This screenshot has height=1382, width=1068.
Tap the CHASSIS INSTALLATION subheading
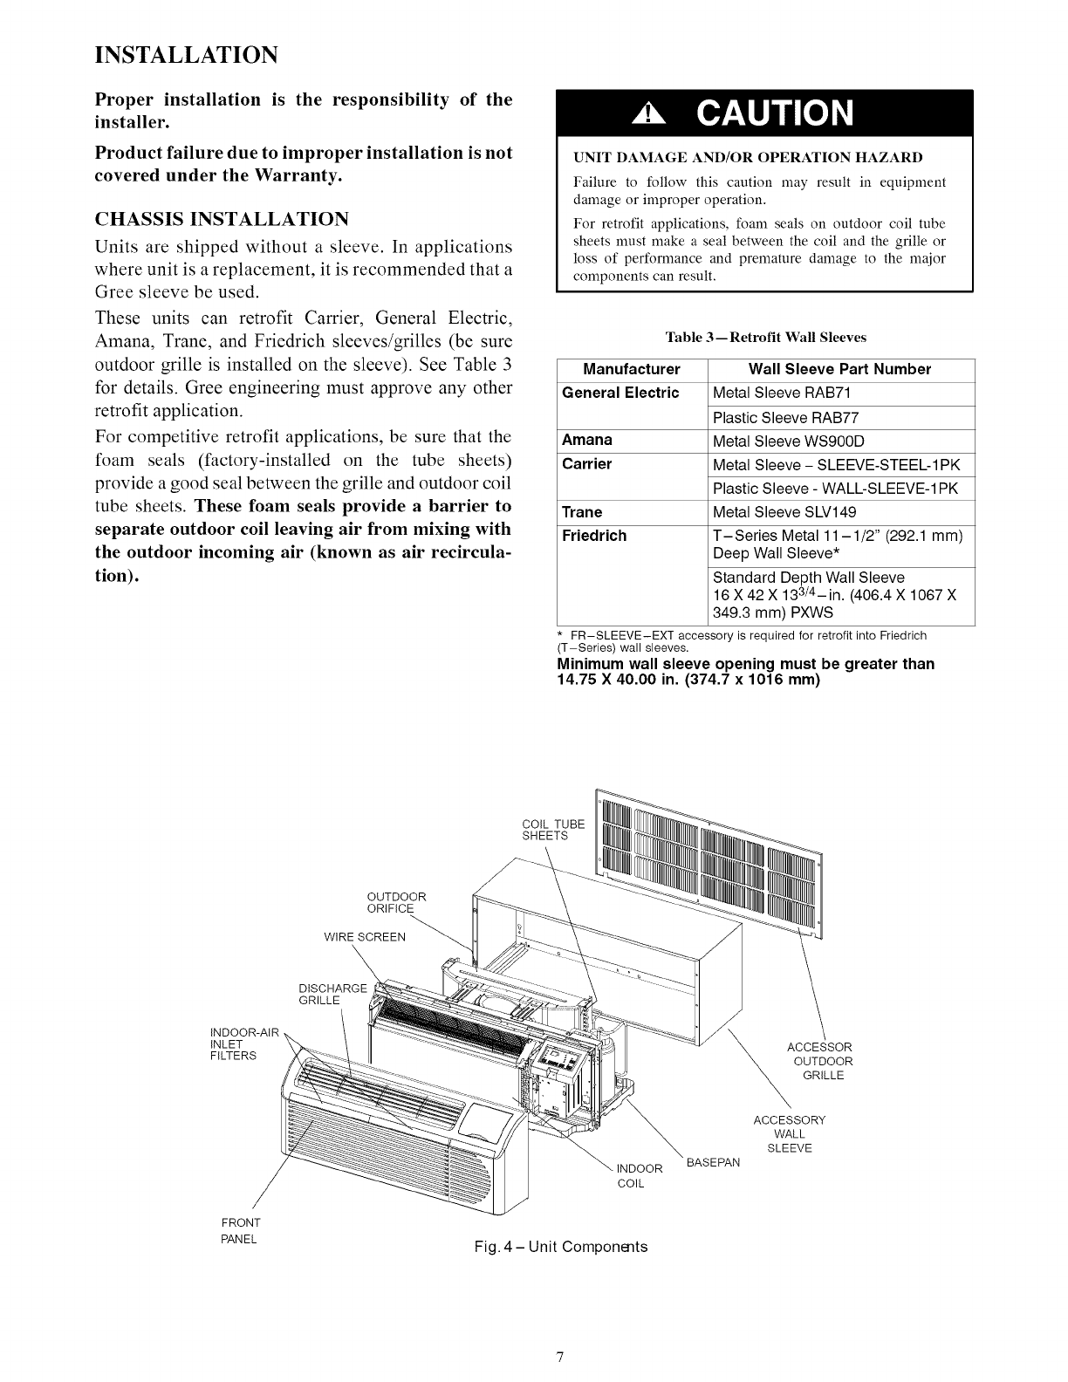point(222,217)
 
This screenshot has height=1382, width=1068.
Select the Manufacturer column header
point(631,369)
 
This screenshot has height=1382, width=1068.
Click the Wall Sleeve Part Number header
point(840,369)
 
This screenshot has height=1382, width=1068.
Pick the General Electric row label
point(620,393)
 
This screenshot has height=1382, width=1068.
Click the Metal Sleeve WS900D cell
point(788,441)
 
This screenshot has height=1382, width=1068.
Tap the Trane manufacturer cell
point(582,512)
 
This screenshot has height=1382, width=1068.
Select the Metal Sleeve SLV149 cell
point(784,512)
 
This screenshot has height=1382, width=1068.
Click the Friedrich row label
point(594,536)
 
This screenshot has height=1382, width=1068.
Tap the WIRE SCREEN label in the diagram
point(364,937)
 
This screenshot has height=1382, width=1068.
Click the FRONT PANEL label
point(241,1230)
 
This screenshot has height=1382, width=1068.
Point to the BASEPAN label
point(713,1162)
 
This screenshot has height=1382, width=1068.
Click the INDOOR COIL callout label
point(639,1176)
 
